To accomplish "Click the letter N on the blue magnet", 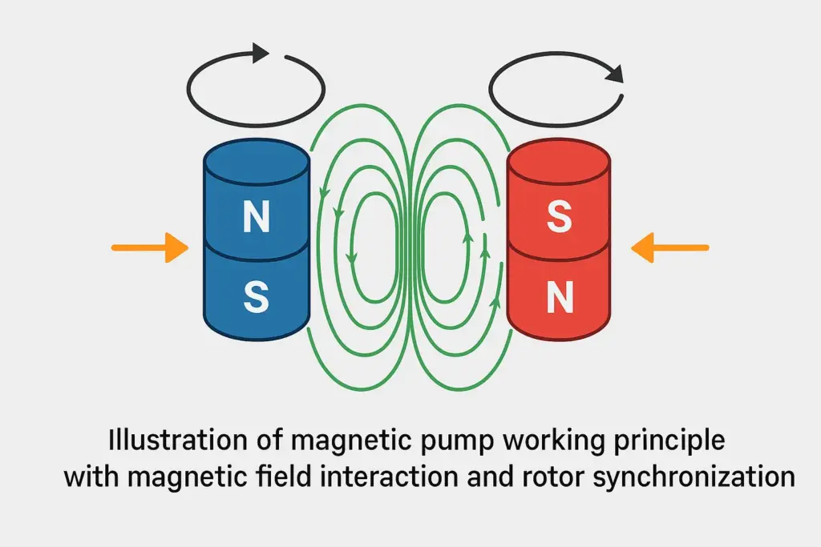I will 255,218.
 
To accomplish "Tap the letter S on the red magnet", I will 559,218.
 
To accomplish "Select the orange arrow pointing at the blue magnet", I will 149,248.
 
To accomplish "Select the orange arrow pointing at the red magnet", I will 669,248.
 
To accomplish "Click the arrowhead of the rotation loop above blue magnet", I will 260,54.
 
